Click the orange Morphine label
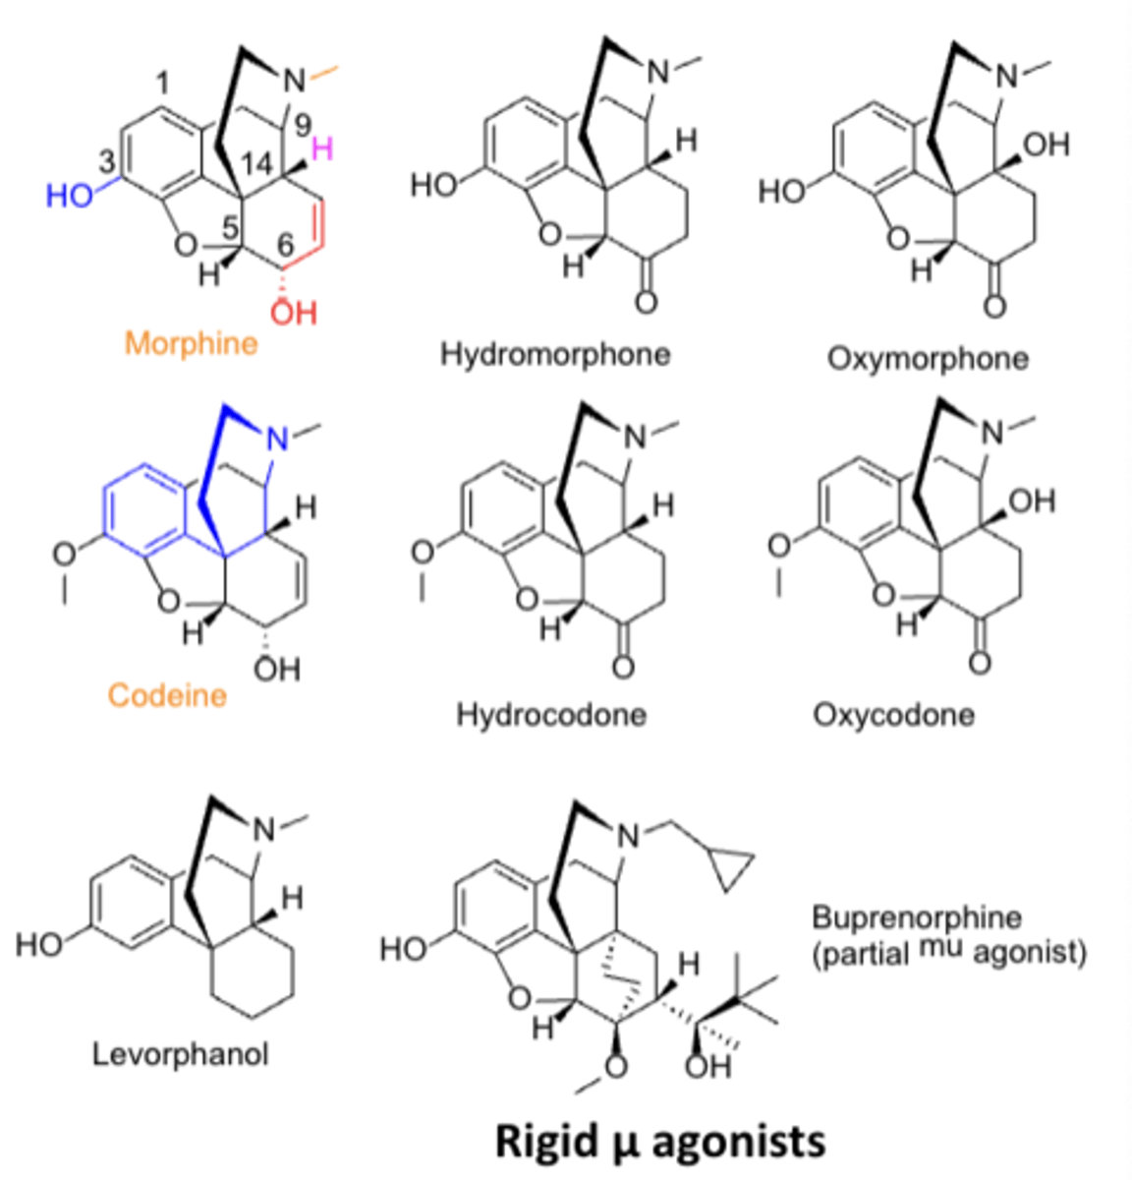[192, 344]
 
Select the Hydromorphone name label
[555, 354]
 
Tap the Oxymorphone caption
[928, 358]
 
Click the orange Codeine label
[167, 695]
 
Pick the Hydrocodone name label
[551, 714]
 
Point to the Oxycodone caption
[893, 714]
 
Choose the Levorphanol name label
[181, 1055]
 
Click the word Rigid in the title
[544, 1142]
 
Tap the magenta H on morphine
[322, 150]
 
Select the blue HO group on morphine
[69, 196]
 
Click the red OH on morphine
[294, 313]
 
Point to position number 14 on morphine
[256, 164]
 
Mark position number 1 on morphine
[162, 87]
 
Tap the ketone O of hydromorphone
[645, 301]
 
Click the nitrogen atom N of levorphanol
[264, 831]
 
